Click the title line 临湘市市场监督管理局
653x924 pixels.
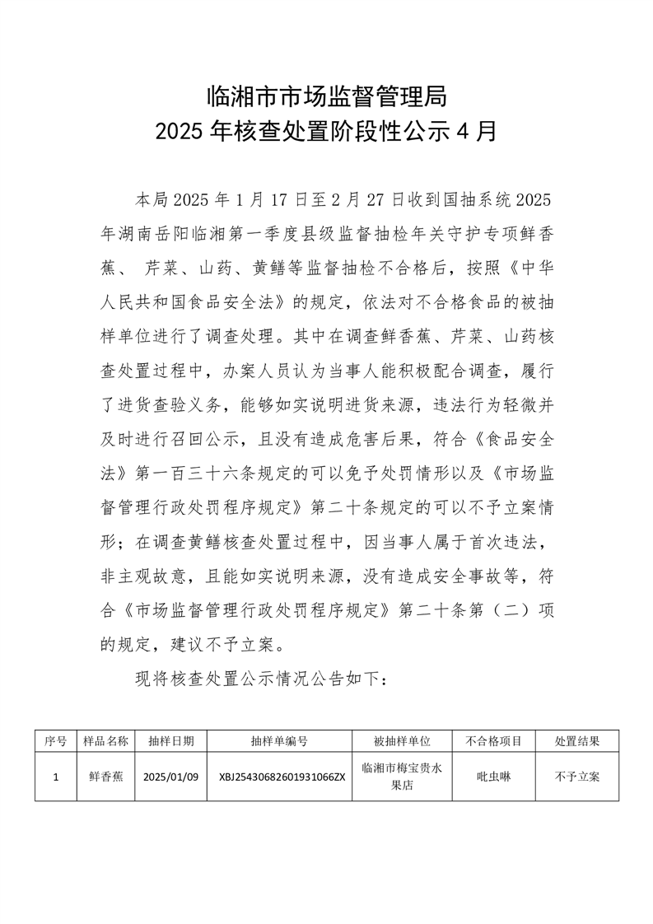[x=326, y=97]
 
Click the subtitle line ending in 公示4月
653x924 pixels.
[x=326, y=132]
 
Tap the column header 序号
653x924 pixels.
[x=55, y=741]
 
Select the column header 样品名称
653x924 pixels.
[x=106, y=741]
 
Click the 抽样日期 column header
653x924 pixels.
[x=171, y=741]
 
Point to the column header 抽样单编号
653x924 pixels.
[x=279, y=741]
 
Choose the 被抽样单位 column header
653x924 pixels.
[x=402, y=741]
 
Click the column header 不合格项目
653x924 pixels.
[x=493, y=741]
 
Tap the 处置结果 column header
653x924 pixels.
[x=576, y=741]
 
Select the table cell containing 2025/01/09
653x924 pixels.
[x=171, y=776]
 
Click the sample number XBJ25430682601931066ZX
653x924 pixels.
[x=279, y=776]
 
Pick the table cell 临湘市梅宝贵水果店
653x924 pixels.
[x=402, y=776]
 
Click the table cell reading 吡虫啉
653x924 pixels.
[x=493, y=776]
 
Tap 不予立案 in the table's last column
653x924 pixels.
[x=576, y=776]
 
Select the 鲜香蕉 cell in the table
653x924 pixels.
[x=106, y=776]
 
